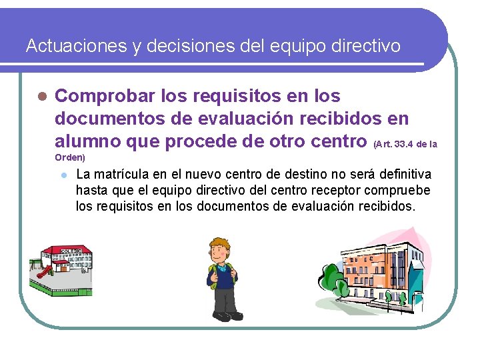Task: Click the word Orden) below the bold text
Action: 69,158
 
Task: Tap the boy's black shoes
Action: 222,316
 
